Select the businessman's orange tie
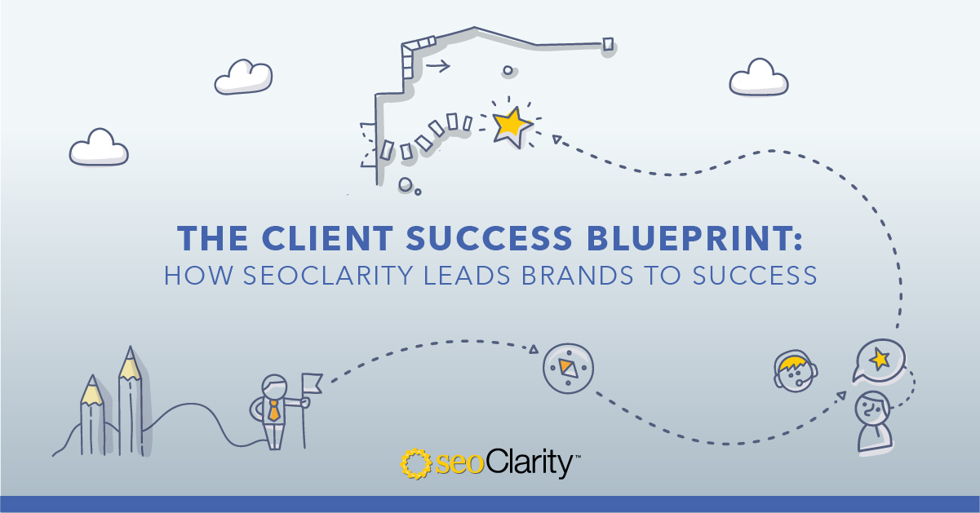274,410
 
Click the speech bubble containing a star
880,360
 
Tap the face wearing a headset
794,371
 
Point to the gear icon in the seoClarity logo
415,463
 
